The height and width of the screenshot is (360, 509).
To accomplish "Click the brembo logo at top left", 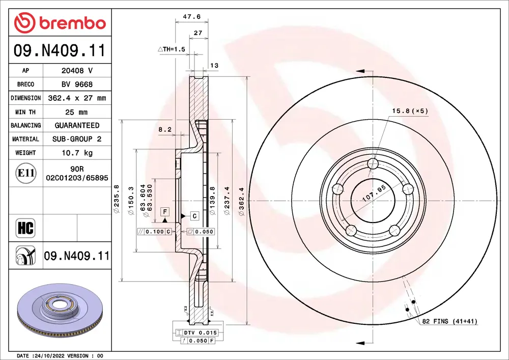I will [60, 22].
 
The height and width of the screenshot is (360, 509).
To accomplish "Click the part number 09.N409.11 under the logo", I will [60, 50].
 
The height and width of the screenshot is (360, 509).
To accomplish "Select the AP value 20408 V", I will [77, 70].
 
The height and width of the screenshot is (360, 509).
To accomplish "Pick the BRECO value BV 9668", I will [77, 84].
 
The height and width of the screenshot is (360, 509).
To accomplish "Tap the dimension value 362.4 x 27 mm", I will [77, 98].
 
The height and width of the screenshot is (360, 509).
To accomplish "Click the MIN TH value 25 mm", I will [77, 112].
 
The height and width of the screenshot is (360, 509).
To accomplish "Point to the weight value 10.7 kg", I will [77, 153].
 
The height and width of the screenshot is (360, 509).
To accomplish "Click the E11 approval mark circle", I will [26, 173].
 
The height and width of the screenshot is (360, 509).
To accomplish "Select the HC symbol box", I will [25, 228].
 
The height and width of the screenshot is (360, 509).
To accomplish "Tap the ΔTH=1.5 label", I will [172, 49].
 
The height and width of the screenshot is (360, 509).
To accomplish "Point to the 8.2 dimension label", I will [164, 129].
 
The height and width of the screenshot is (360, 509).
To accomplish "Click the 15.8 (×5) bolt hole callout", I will [410, 110].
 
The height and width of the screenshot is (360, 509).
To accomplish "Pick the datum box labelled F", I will [165, 211].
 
